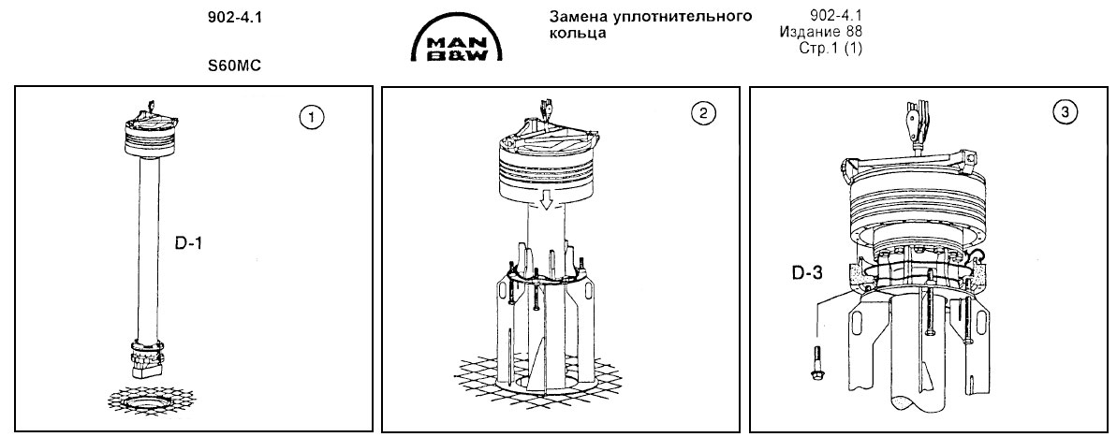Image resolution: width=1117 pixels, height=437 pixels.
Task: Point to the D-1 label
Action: pyautogui.click(x=189, y=243)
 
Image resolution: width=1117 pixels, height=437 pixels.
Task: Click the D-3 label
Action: pyautogui.click(x=805, y=275)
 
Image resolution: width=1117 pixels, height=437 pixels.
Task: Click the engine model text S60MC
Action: pyautogui.click(x=234, y=68)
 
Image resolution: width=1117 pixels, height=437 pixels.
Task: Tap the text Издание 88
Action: pyautogui.click(x=820, y=33)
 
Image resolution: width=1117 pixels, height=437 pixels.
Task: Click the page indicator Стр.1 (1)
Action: pyautogui.click(x=828, y=48)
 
